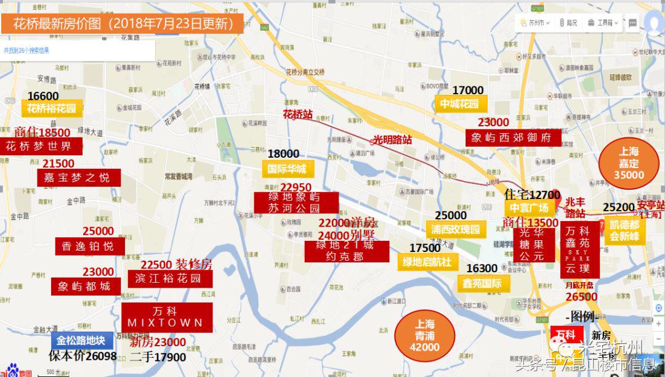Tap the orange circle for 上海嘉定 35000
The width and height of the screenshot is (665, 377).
click(629, 163)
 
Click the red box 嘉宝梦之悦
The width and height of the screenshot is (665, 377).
click(77, 177)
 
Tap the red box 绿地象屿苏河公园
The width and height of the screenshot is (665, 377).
click(296, 203)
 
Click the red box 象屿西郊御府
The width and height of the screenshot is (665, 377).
click(513, 138)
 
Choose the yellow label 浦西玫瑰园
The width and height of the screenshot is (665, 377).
click(456, 229)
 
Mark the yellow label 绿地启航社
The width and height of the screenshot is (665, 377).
click(427, 262)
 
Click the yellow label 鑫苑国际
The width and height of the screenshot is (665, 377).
click(482, 283)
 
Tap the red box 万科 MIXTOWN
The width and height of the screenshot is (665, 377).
click(166, 317)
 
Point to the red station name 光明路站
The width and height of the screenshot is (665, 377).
click(392, 140)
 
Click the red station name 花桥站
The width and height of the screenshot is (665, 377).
click(297, 114)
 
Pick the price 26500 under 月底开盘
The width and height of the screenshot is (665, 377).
click(581, 297)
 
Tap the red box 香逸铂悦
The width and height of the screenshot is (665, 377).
click(88, 246)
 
